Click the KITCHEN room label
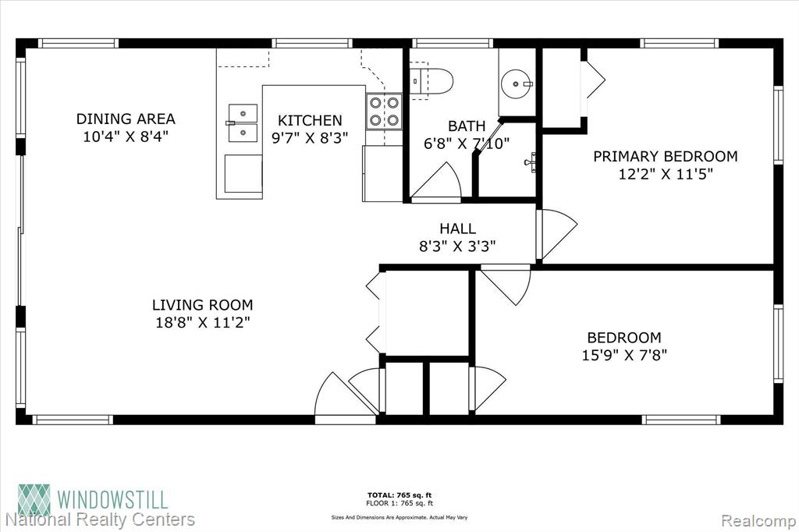[310, 120]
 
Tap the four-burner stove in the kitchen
[384, 112]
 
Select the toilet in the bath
[431, 80]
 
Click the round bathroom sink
[517, 83]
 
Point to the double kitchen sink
[243, 123]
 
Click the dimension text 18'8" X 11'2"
[203, 323]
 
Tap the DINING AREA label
[126, 119]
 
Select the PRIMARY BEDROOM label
[666, 156]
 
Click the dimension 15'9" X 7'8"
[624, 355]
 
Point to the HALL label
[457, 229]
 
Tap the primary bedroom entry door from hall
[557, 235]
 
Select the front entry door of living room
[345, 396]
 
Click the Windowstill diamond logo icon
[34, 500]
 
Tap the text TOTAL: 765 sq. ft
[399, 495]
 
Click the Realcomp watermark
[758, 521]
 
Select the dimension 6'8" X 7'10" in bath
[467, 144]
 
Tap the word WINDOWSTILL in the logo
[112, 499]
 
